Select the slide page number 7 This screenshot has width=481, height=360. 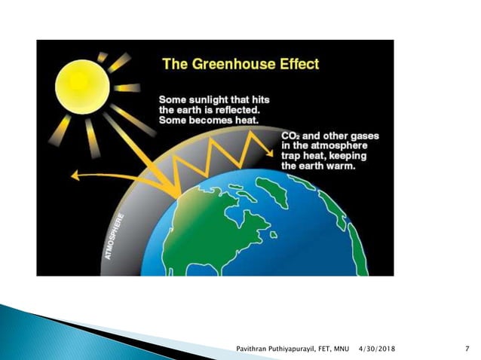tap(467, 348)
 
